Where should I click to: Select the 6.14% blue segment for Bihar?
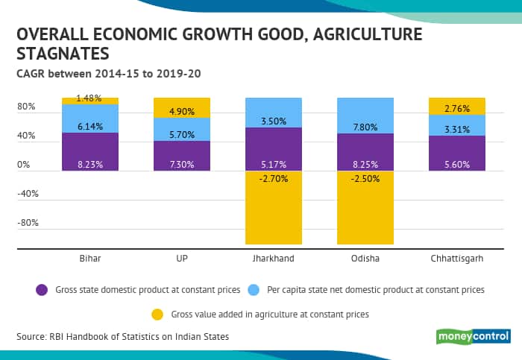tap(90, 119)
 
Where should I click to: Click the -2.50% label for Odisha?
tap(365, 179)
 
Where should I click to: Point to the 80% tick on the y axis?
tap(26, 107)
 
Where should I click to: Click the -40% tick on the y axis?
tap(28, 194)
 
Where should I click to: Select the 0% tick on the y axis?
tap(24, 165)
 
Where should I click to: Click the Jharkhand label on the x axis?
tap(273, 258)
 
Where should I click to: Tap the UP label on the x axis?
tap(181, 258)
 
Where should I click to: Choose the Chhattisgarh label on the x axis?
tap(456, 258)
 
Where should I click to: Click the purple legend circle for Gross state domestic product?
tap(42, 289)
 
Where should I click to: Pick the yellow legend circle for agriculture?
tap(157, 315)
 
